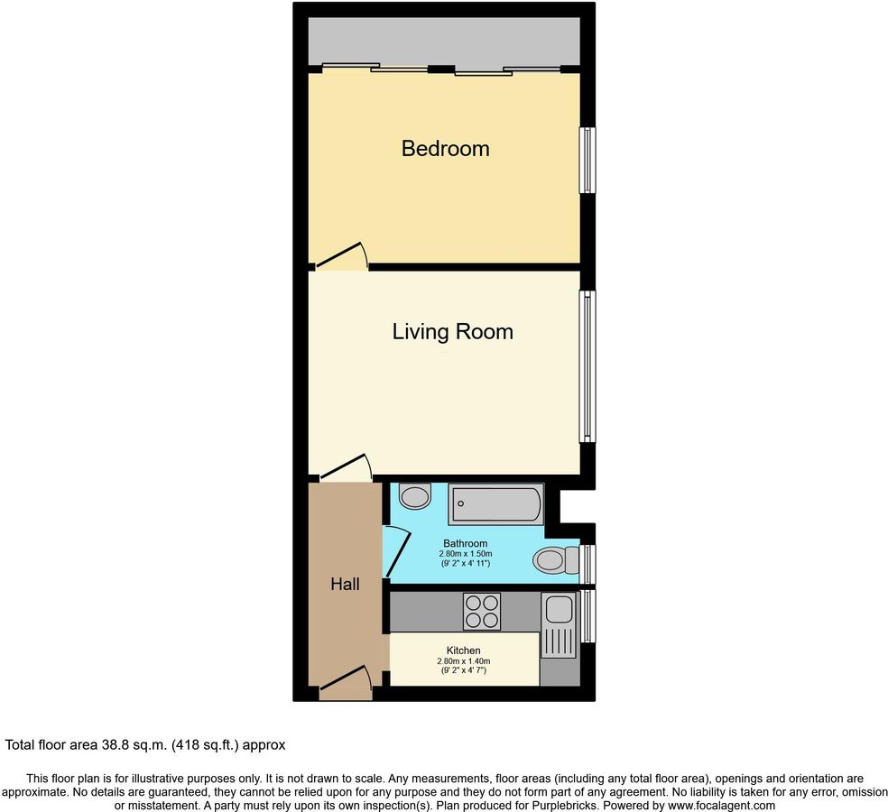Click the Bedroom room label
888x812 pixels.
click(445, 149)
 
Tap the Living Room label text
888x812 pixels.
click(452, 331)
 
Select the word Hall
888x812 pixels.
click(345, 584)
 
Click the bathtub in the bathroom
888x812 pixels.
click(496, 503)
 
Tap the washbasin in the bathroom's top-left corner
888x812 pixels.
click(416, 495)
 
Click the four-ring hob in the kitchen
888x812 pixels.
click(482, 611)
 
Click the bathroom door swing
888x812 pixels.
click(397, 551)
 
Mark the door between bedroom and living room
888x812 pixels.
click(343, 256)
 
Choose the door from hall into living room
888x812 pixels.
click(346, 467)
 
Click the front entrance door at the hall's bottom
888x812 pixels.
click(345, 683)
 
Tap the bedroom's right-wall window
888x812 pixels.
click(587, 160)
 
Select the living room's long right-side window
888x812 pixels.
click(587, 365)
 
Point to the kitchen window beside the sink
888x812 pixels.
click(587, 615)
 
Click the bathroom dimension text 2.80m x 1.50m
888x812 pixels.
click(465, 554)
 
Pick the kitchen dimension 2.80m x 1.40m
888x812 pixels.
click(464, 660)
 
